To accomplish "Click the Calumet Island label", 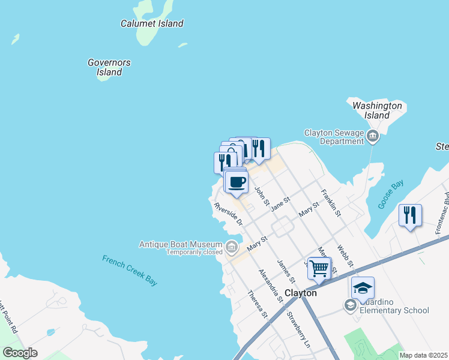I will point(152,24).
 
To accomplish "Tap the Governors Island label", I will point(109,67).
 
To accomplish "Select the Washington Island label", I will point(377,110).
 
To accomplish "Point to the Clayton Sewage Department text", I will point(334,137).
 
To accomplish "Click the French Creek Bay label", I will point(129,270).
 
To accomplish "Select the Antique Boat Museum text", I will point(181,244).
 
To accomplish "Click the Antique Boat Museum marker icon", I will point(232,245).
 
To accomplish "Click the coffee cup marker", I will point(237,181).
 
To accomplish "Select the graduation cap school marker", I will point(363,288).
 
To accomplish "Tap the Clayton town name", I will point(300,293).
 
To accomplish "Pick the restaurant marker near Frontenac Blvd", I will point(410,215).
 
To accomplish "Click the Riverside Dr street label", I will point(229,214).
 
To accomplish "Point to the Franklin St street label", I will point(331,203).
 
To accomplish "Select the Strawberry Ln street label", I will point(300,329).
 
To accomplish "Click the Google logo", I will point(20,353).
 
